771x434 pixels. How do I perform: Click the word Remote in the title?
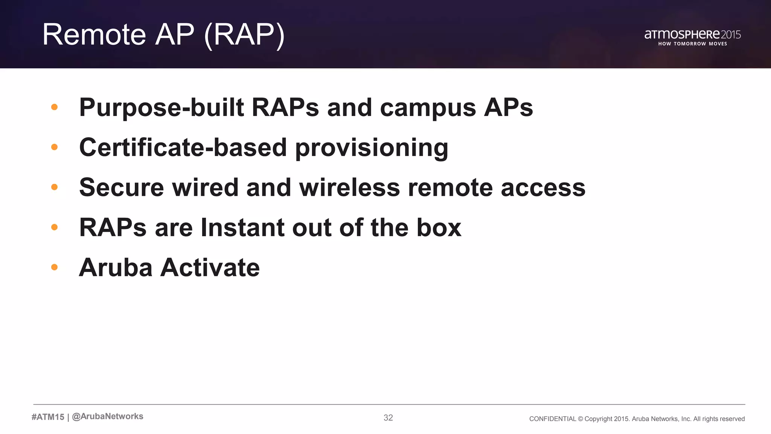(94, 35)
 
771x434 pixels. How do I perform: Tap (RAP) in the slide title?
(244, 35)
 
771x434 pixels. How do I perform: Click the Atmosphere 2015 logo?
(692, 35)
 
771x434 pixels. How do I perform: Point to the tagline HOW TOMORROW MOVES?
(692, 44)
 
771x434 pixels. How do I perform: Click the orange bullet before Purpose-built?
(54, 107)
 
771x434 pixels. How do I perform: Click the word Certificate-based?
(183, 147)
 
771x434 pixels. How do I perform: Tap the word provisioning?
(372, 148)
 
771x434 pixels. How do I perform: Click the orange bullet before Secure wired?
(54, 187)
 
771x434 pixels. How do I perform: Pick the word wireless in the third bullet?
(349, 188)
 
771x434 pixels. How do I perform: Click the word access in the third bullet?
(543, 188)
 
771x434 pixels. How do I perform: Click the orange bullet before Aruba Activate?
(54, 267)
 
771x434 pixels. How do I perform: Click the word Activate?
(210, 267)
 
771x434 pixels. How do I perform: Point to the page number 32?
(388, 418)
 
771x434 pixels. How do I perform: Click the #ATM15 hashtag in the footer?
(48, 417)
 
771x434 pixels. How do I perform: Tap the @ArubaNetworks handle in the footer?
(108, 416)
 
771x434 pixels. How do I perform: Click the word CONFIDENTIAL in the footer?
(552, 419)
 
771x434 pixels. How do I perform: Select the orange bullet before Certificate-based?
(54, 147)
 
